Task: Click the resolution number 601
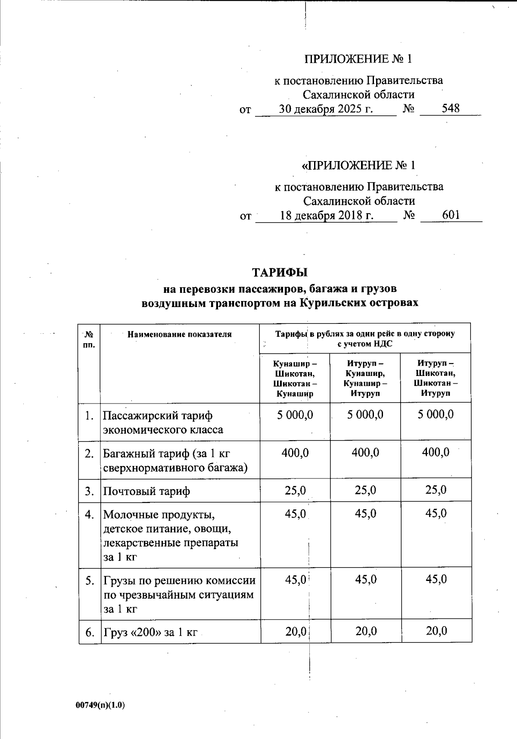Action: (451, 215)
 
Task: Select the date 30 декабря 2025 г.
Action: (326, 109)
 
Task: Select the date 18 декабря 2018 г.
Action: (326, 215)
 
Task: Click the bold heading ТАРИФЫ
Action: (280, 273)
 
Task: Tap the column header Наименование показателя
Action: (180, 334)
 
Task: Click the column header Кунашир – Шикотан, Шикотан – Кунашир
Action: (295, 379)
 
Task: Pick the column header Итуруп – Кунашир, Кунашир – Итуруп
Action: (365, 379)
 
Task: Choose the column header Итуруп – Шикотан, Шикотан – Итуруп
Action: (436, 379)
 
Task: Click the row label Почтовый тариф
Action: (146, 491)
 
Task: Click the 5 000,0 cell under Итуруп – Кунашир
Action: (365, 415)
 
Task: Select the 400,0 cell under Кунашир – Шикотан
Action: (295, 453)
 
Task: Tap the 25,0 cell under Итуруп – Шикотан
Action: (436, 490)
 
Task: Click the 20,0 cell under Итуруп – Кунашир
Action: (366, 631)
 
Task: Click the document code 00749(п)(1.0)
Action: (100, 705)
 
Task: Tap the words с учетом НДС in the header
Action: (364, 344)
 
